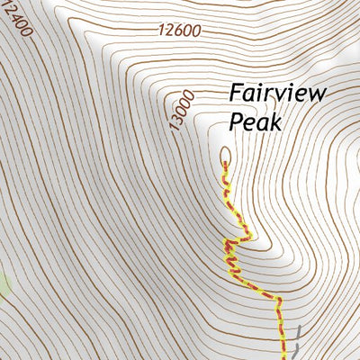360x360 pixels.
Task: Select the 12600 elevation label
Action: tap(176, 30)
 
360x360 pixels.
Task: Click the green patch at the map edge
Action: tap(4, 286)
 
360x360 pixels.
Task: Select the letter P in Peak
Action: tap(236, 120)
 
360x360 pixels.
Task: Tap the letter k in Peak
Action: tap(274, 120)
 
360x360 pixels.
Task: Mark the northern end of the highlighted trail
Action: tap(224, 164)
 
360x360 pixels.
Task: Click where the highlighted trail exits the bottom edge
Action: tap(289, 358)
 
